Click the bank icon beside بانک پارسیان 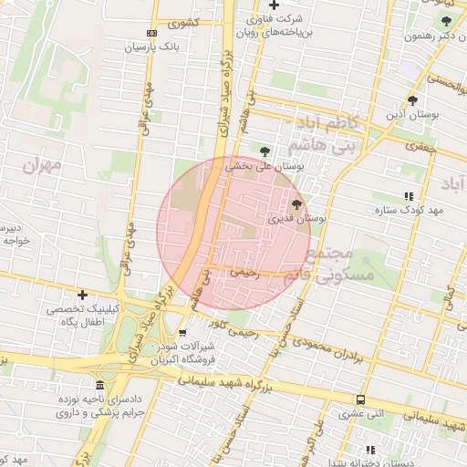(x=151, y=33)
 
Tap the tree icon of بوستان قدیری (x=296, y=205)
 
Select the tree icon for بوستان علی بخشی (x=265, y=150)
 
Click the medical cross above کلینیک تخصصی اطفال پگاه (x=82, y=295)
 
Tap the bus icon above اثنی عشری (x=361, y=400)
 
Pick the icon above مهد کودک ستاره (x=408, y=195)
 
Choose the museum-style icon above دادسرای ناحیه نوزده (x=99, y=385)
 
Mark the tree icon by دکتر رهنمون (x=445, y=21)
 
